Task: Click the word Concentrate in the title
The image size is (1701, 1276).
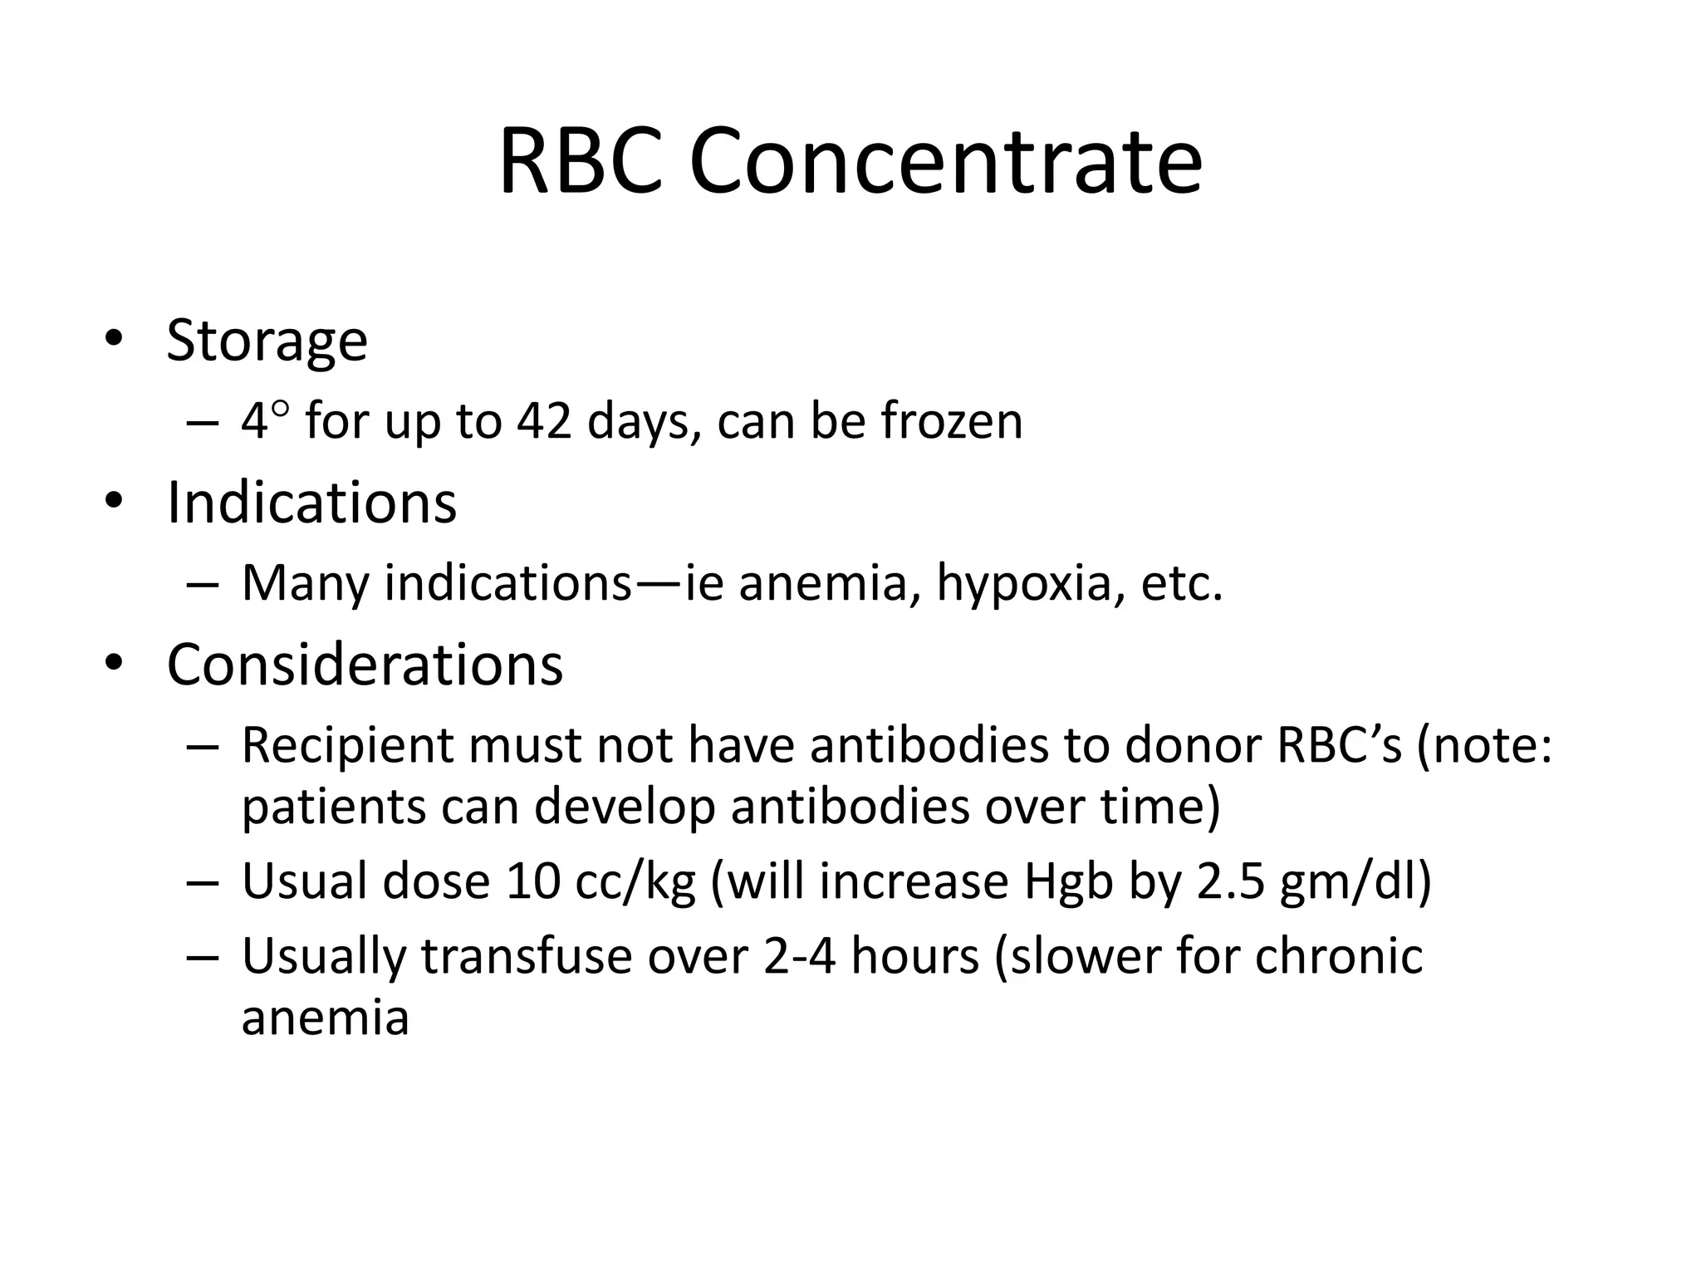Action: click(x=945, y=161)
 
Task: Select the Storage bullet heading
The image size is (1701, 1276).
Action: click(x=267, y=341)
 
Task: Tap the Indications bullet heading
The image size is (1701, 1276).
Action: click(x=311, y=503)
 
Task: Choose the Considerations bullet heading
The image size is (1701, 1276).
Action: click(x=365, y=665)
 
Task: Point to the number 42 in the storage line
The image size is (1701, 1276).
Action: click(x=544, y=421)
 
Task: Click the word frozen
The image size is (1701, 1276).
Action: click(x=952, y=421)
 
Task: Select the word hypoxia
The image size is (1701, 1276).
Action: click(x=1023, y=583)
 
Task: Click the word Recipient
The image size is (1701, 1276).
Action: click(x=347, y=745)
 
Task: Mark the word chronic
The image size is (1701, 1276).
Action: click(x=1339, y=956)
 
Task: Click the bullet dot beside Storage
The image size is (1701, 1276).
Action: click(x=114, y=340)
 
